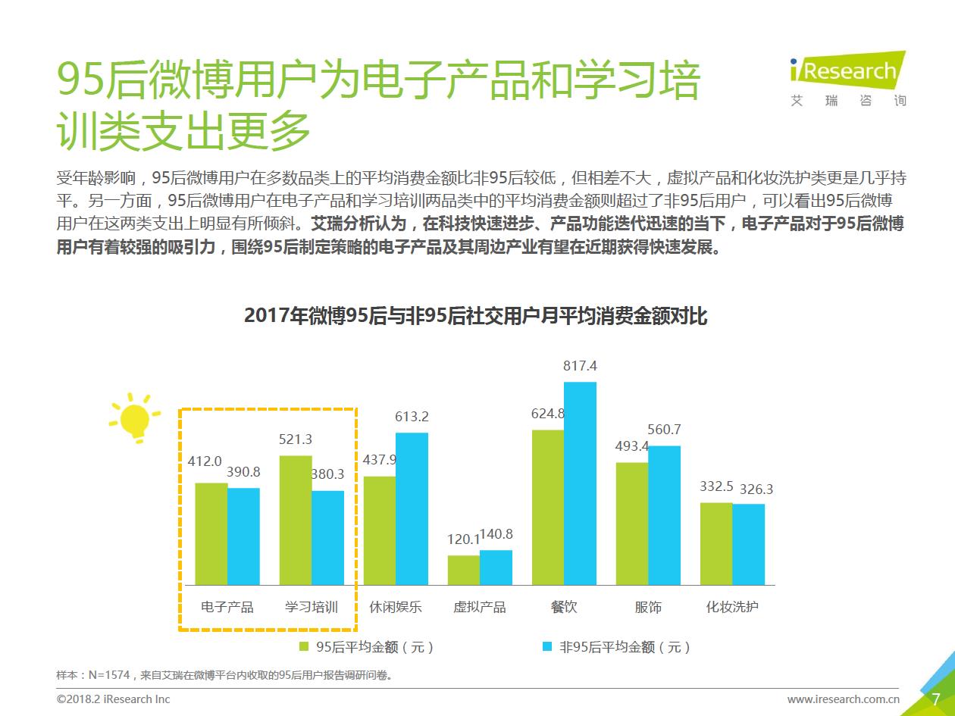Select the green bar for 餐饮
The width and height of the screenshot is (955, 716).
(547, 507)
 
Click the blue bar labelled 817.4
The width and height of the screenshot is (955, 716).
(580, 483)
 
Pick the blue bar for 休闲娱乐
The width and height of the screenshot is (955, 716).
(412, 508)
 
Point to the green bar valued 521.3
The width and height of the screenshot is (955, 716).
(296, 520)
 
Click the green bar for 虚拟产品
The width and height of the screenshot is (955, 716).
(463, 570)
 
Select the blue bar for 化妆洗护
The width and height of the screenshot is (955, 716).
(748, 544)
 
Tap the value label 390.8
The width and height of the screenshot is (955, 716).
(243, 472)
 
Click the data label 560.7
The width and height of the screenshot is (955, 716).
(664, 430)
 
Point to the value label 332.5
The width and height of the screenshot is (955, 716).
(716, 486)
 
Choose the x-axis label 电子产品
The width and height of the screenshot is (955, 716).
(227, 607)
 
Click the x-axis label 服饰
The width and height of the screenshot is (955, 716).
(648, 607)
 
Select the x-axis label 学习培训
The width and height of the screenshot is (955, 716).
(312, 607)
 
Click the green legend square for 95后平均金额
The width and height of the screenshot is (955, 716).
(304, 647)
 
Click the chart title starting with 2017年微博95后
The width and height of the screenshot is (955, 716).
(475, 315)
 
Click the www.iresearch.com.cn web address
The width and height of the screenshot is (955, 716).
(843, 699)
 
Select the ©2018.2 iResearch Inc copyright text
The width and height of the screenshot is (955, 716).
(114, 699)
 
